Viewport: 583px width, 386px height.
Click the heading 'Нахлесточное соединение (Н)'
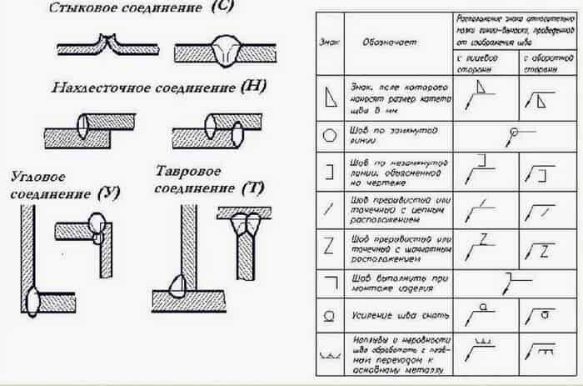[x=147, y=88]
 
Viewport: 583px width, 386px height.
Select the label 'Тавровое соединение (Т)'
[x=208, y=178]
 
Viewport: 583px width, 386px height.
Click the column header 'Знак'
[x=327, y=42]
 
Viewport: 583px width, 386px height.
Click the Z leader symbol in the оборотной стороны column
[x=541, y=248]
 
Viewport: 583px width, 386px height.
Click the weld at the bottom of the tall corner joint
[x=33, y=295]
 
